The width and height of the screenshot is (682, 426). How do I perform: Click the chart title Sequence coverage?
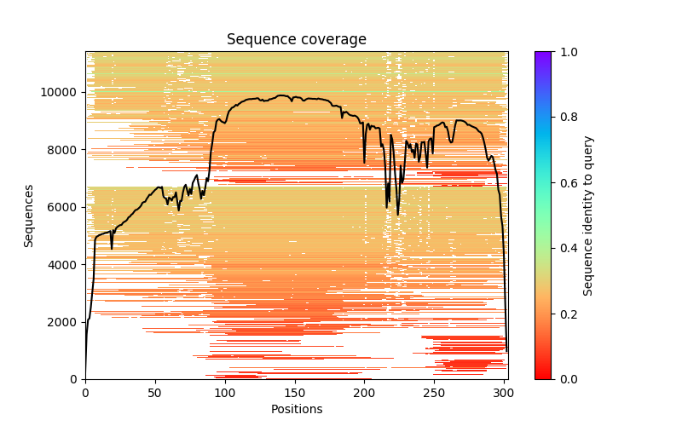point(296,40)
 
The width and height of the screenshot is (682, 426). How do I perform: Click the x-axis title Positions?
point(296,409)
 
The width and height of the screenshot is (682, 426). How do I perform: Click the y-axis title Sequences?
point(29,215)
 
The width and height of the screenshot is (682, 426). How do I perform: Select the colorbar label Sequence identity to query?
point(588,215)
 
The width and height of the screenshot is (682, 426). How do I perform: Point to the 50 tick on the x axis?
point(155,379)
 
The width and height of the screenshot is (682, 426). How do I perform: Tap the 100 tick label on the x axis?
point(225,392)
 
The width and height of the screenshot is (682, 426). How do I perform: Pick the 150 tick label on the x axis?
point(295,392)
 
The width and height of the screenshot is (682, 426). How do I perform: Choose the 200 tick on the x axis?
point(365,379)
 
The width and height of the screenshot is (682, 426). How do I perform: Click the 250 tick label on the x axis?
point(435,392)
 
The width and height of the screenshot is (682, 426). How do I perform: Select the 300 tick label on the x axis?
point(505,392)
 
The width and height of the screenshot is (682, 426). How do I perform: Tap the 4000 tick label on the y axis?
point(65,265)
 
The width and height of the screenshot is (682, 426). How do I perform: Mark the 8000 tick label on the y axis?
point(65,150)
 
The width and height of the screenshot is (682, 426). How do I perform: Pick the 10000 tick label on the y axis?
point(61,92)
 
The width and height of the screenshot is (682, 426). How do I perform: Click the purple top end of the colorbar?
point(542,54)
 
